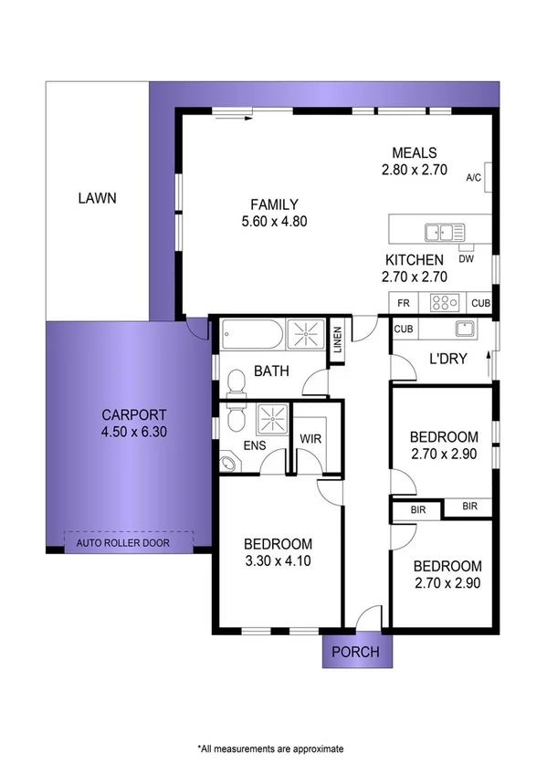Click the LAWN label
pos(97,197)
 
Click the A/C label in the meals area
pos(473,178)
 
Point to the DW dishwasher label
pos(467,259)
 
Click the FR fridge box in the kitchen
pos(402,302)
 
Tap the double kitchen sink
pos(444,232)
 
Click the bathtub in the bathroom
pos(251,334)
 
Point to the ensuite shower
pos(270,420)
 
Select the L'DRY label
pos(447,359)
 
